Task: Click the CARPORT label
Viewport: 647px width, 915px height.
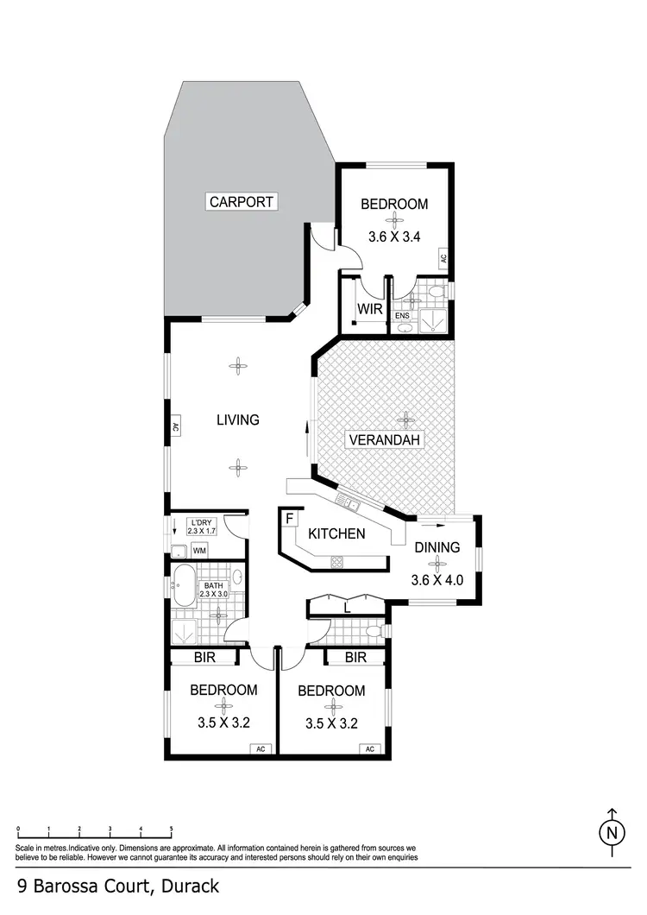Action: (242, 202)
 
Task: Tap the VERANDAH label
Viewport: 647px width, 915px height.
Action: (384, 440)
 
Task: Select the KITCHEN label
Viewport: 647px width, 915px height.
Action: (336, 533)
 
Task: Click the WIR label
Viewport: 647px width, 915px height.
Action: (369, 309)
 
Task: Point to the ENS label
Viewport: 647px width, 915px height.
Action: (402, 315)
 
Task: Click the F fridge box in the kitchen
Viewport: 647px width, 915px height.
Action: (289, 520)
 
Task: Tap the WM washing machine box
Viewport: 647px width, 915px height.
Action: (199, 551)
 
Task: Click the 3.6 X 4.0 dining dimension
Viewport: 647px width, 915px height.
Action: (439, 580)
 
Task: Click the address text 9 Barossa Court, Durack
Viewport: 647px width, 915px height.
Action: (118, 886)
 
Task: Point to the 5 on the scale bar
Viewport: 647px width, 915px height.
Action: (172, 829)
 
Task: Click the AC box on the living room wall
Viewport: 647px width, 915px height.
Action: (174, 426)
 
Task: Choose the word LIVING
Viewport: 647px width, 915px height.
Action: (238, 420)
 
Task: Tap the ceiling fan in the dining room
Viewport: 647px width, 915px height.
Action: (438, 564)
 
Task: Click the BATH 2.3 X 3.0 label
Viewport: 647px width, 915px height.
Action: (213, 589)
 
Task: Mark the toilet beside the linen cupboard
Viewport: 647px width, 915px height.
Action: (374, 632)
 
